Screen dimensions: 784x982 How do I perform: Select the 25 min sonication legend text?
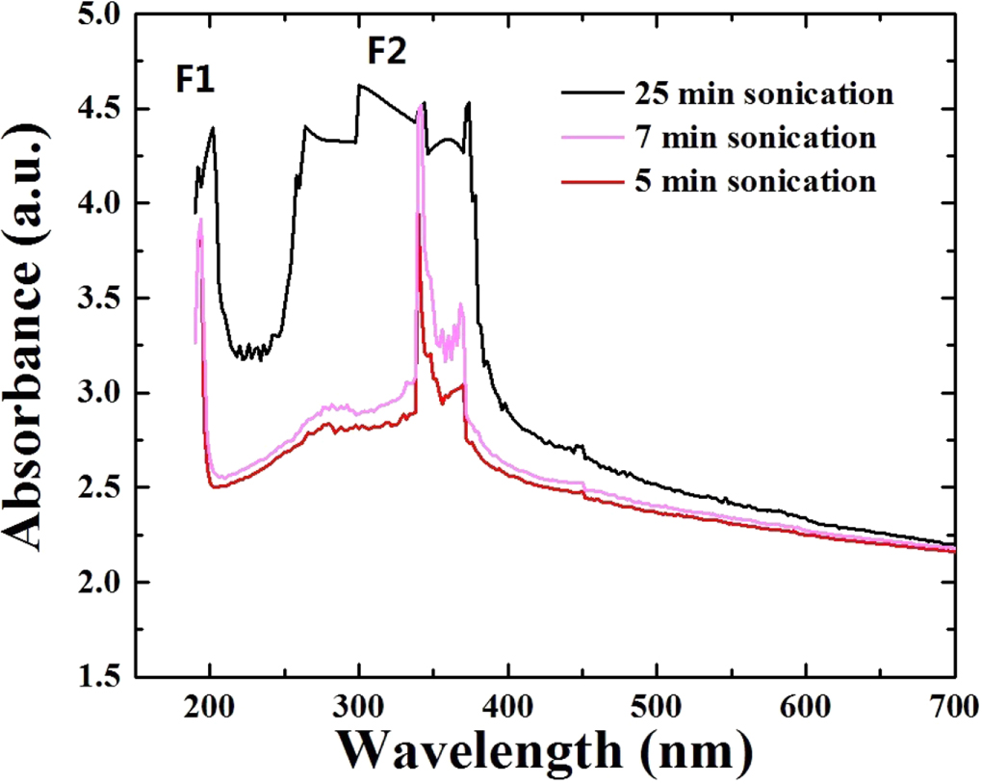pos(763,94)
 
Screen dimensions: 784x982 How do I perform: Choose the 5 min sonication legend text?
pos(755,180)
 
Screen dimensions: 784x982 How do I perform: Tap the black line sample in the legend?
pos(593,94)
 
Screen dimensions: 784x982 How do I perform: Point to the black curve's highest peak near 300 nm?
pos(359,86)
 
